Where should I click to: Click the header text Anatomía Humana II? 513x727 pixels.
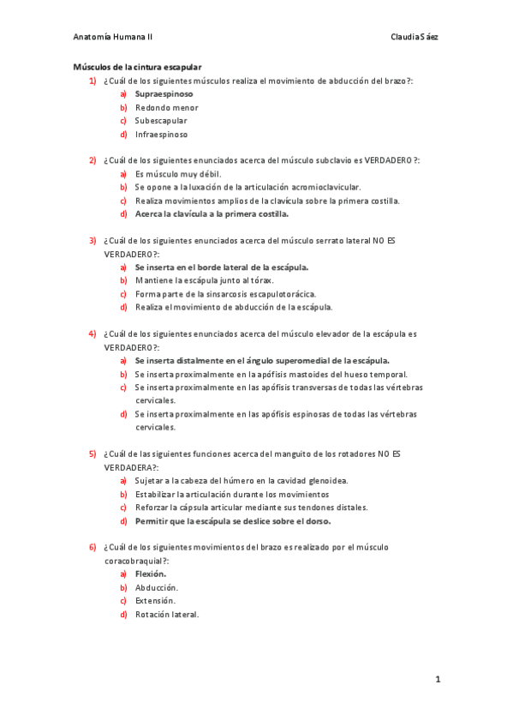pyautogui.click(x=113, y=37)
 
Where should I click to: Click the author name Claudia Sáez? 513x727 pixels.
pyautogui.click(x=415, y=37)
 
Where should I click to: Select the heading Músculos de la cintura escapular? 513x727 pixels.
pyautogui.click(x=137, y=67)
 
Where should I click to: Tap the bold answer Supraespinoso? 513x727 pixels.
pyautogui.click(x=164, y=93)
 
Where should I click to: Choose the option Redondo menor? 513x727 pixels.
pyautogui.click(x=166, y=107)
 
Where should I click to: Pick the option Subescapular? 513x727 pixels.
pyautogui.click(x=160, y=121)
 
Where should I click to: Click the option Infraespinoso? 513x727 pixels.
pyautogui.click(x=161, y=135)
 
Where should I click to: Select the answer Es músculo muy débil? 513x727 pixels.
pyautogui.click(x=177, y=174)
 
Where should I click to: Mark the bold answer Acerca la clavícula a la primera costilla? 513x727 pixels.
pyautogui.click(x=212, y=213)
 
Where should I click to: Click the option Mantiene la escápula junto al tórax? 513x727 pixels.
pyautogui.click(x=204, y=280)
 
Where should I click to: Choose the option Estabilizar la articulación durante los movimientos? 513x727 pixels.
pyautogui.click(x=231, y=495)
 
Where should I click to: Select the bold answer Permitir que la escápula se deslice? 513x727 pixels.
pyautogui.click(x=232, y=520)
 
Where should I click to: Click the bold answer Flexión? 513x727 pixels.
pyautogui.click(x=151, y=574)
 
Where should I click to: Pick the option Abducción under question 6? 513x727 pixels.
pyautogui.click(x=156, y=587)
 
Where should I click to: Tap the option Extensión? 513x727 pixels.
pyautogui.click(x=155, y=601)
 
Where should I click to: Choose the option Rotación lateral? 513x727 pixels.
pyautogui.click(x=166, y=614)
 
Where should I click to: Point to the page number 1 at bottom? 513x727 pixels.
pyautogui.click(x=437, y=680)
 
